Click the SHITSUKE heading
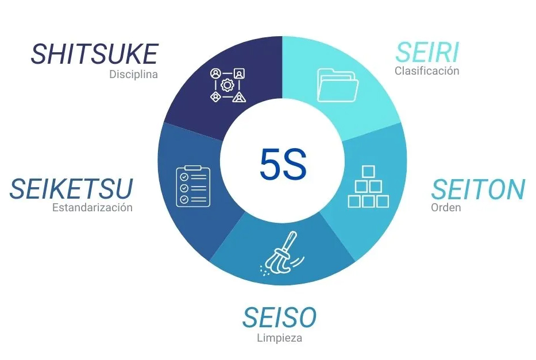pyautogui.click(x=94, y=54)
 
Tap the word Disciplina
pyautogui.click(x=134, y=74)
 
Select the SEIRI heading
pyautogui.click(x=427, y=52)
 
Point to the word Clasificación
pyautogui.click(x=427, y=71)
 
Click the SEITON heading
pyautogui.click(x=478, y=189)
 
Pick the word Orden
pyautogui.click(x=446, y=207)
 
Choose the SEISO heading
pyautogui.click(x=280, y=318)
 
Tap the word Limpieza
pyautogui.click(x=280, y=338)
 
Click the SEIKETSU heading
pyautogui.click(x=71, y=188)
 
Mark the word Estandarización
pyautogui.click(x=92, y=207)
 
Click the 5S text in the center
pyautogui.click(x=283, y=164)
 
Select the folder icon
pyautogui.click(x=337, y=85)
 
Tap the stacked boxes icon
pyautogui.click(x=368, y=187)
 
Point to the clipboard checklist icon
pyautogui.click(x=193, y=186)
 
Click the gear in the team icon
pyautogui.click(x=227, y=85)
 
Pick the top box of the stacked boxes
pyautogui.click(x=368, y=172)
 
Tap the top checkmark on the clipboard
pyautogui.click(x=184, y=177)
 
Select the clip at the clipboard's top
pyautogui.click(x=193, y=168)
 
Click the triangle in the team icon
pyautogui.click(x=240, y=98)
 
